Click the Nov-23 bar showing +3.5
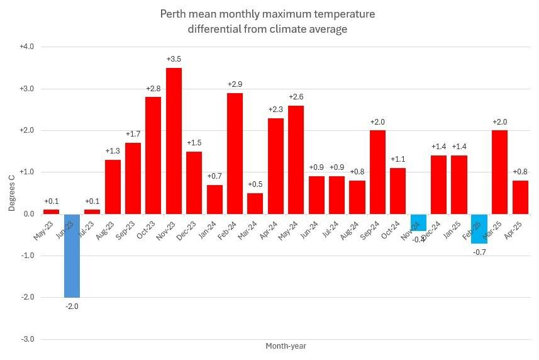174,141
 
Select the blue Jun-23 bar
72,256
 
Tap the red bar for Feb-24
235,154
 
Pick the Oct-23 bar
153,155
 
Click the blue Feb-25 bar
479,228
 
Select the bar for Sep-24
377,172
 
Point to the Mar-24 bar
255,203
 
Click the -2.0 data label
72,307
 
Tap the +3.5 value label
174,59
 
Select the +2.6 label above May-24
296,97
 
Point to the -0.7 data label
479,252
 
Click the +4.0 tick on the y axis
26,47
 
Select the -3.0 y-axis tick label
26,339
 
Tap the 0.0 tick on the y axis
28,214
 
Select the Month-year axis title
286,346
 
